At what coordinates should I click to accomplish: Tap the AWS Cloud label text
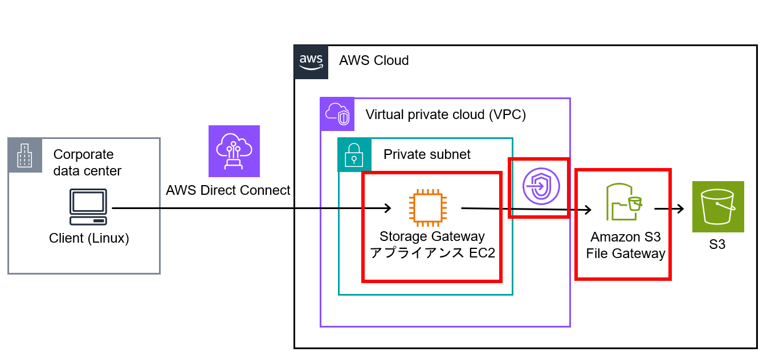tap(374, 60)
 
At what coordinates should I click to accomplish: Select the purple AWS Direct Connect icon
tap(234, 151)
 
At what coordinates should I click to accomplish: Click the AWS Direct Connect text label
tap(228, 190)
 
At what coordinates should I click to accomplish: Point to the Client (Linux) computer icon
tap(88, 207)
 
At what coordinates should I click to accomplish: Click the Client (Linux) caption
tap(89, 238)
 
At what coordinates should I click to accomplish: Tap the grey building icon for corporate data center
tap(25, 155)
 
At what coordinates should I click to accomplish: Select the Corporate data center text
tap(87, 162)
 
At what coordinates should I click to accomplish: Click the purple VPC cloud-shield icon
tap(337, 114)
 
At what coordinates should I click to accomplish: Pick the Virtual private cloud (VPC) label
tap(445, 114)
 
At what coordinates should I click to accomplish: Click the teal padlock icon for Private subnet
tap(354, 154)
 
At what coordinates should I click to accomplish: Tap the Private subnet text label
tap(427, 154)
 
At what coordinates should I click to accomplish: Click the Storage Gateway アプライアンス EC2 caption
tap(432, 244)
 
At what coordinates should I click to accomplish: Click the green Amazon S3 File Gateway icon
tap(623, 202)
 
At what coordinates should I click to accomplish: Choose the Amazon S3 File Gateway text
tap(625, 245)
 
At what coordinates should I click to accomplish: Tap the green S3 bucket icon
tap(717, 207)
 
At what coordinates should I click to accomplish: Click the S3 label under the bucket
tap(717, 245)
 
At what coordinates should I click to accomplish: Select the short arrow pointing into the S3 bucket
tap(669, 209)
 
